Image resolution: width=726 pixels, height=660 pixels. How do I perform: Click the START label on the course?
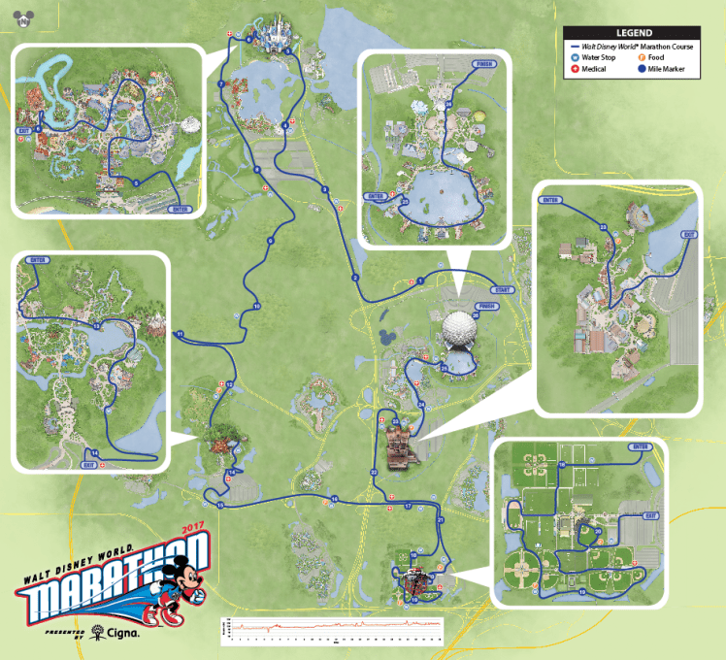(502, 289)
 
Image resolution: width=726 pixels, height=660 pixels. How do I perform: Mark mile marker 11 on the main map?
(180, 335)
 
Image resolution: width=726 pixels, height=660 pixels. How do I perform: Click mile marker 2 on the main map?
(355, 279)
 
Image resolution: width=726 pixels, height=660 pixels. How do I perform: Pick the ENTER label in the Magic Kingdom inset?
(179, 208)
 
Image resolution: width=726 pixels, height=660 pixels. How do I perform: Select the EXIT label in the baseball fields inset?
(651, 516)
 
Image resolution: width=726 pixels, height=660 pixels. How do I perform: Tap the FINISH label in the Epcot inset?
(485, 66)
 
